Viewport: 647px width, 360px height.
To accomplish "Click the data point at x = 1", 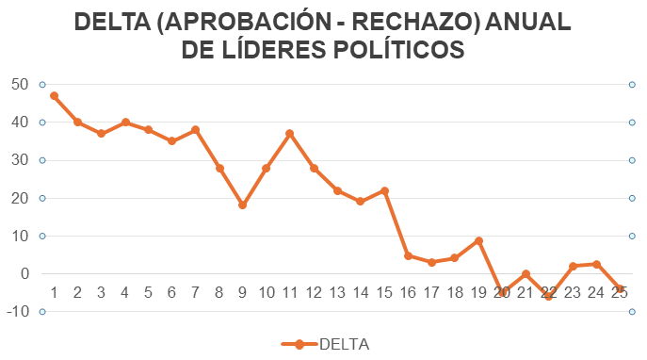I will pos(54,95).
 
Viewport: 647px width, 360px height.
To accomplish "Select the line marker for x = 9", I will pos(242,205).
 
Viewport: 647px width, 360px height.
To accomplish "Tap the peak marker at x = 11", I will pos(290,133).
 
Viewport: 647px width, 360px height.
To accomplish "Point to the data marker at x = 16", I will pos(408,255).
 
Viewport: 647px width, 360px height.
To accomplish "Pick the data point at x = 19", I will pos(478,240).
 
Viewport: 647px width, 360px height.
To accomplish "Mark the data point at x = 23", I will pos(573,266).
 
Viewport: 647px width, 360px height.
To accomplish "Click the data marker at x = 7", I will pos(195,129).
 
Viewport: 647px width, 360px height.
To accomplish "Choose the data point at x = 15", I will pos(384,190).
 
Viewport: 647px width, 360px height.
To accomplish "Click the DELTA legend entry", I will pos(344,344).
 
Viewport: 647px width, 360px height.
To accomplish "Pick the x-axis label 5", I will pos(148,292).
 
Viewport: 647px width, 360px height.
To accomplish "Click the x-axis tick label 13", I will pos(337,292).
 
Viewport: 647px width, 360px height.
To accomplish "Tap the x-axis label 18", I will pos(455,292).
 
